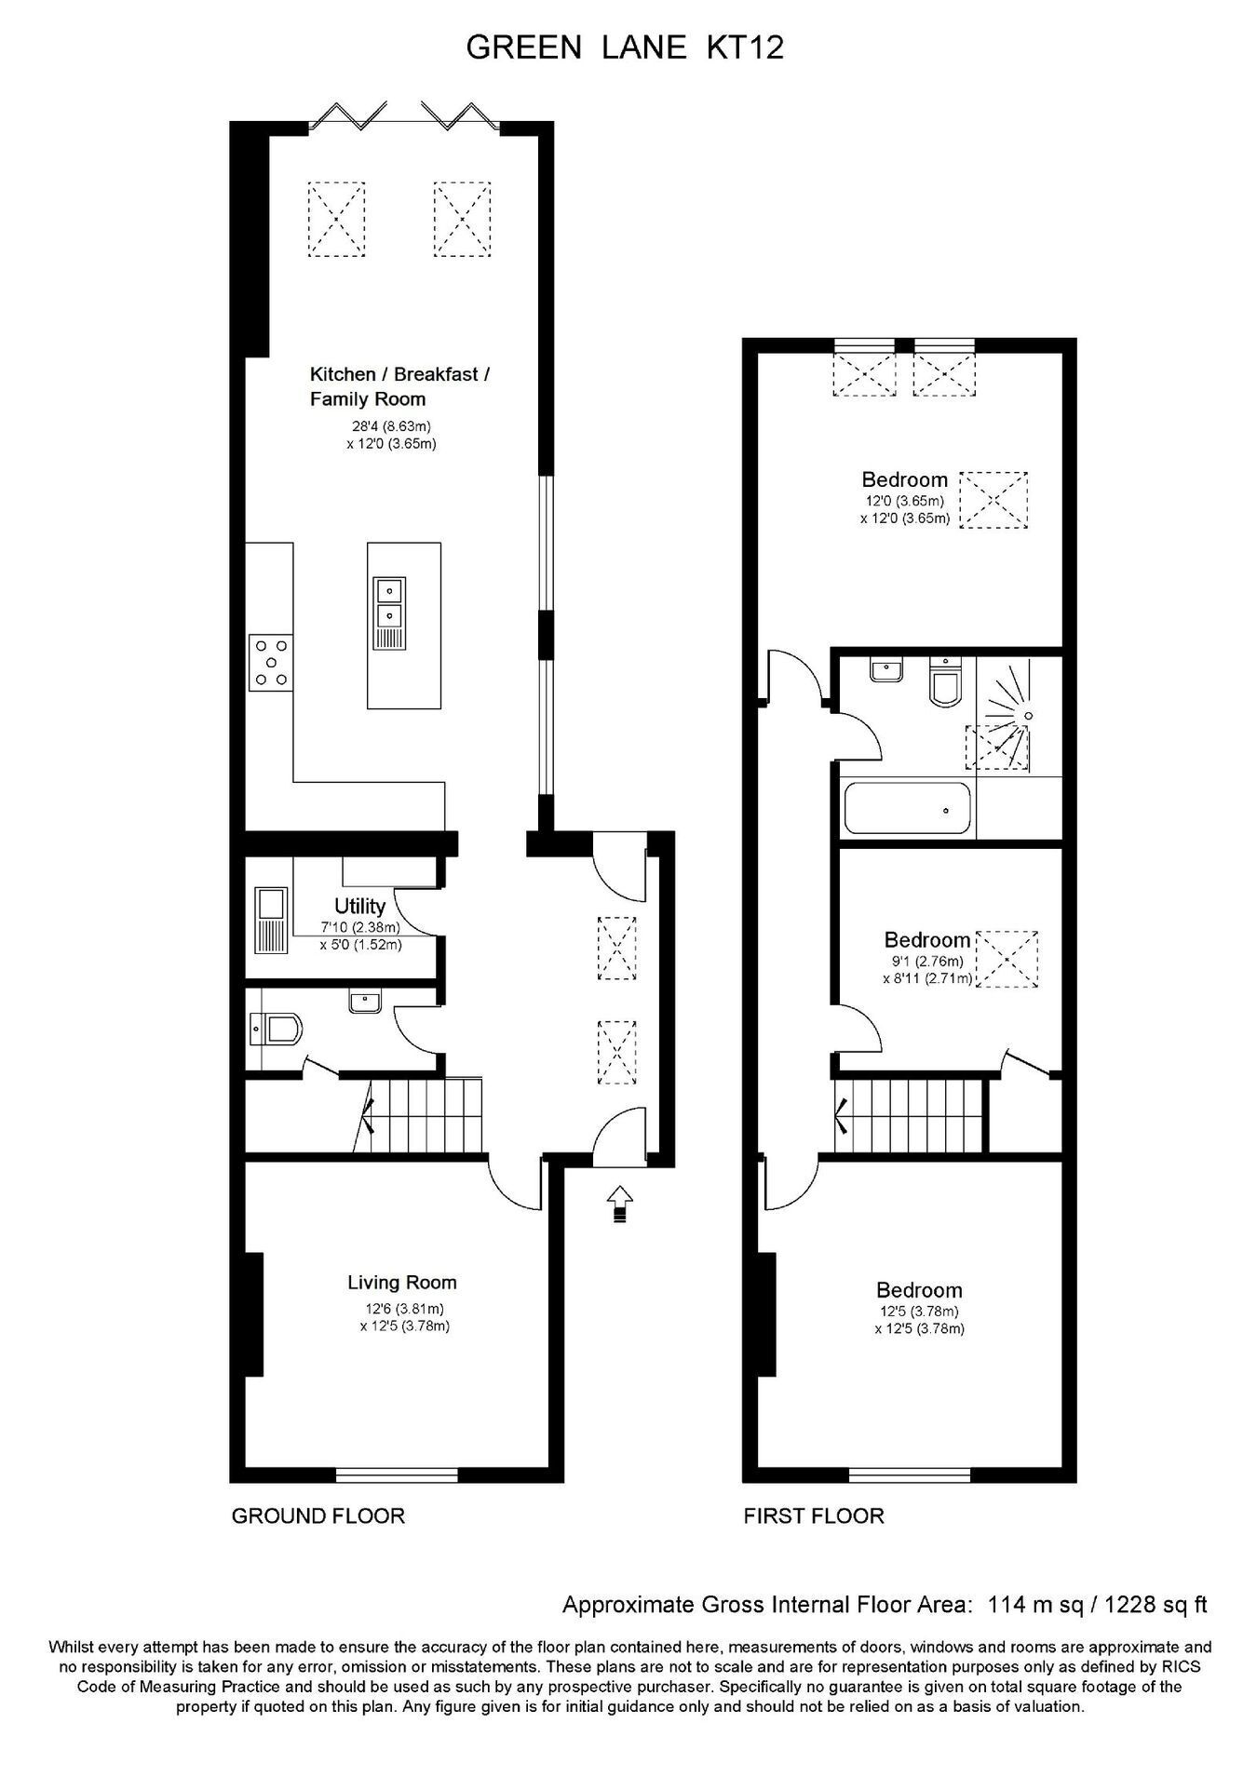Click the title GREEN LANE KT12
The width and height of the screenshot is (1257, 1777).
tap(625, 47)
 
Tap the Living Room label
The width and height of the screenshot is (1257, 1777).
tap(402, 1282)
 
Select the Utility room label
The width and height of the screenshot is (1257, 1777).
tap(359, 906)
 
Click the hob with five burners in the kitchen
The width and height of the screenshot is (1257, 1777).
tap(271, 662)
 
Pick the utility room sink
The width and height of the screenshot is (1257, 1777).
tap(272, 921)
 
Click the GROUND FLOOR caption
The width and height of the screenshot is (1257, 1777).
tap(318, 1515)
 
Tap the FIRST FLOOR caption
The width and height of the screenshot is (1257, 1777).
tap(814, 1515)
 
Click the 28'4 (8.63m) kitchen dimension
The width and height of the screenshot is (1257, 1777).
tap(391, 426)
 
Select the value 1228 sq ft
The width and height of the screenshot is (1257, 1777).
tap(1155, 1604)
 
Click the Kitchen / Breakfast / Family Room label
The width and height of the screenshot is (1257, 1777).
tap(400, 386)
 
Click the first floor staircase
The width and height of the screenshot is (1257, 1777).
tap(909, 1115)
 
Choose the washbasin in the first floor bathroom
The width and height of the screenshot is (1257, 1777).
tap(885, 670)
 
